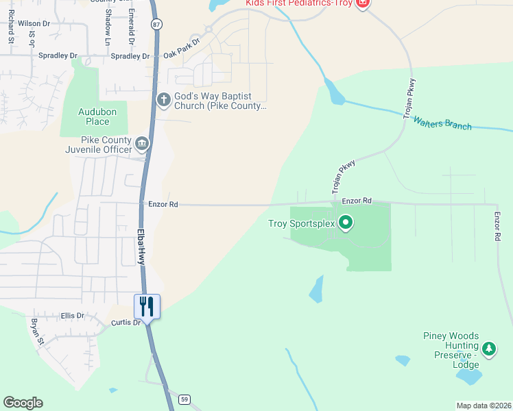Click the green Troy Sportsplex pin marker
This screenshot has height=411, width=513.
346,223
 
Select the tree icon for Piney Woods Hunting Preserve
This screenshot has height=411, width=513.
488,350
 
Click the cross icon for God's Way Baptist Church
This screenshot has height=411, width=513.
163,100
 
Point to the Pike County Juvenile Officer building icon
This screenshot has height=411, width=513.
142,143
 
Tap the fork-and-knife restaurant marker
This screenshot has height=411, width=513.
147,306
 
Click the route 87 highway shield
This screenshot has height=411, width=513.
157,24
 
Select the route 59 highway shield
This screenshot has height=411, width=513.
184,399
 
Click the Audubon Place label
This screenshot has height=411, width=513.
93,116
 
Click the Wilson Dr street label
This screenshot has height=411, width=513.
34,23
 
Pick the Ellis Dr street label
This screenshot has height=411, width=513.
72,316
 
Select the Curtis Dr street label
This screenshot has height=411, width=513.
126,322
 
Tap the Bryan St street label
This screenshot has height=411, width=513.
37,331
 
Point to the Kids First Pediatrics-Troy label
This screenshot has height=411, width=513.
299,3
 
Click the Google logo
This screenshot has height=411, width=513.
23,403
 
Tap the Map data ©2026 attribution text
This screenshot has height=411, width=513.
484,406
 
